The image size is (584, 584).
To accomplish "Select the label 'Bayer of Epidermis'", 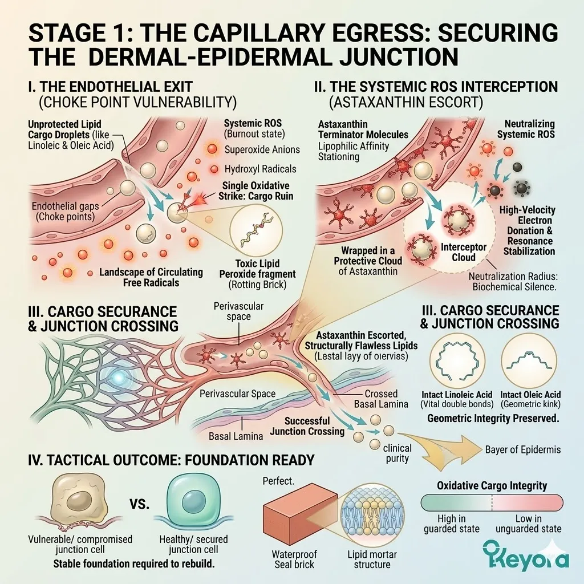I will (523, 449).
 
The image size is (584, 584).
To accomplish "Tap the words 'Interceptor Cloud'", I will (464, 252).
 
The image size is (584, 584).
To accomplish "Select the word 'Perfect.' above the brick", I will (278, 481).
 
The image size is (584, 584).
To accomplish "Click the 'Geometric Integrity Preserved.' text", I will (493, 418).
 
